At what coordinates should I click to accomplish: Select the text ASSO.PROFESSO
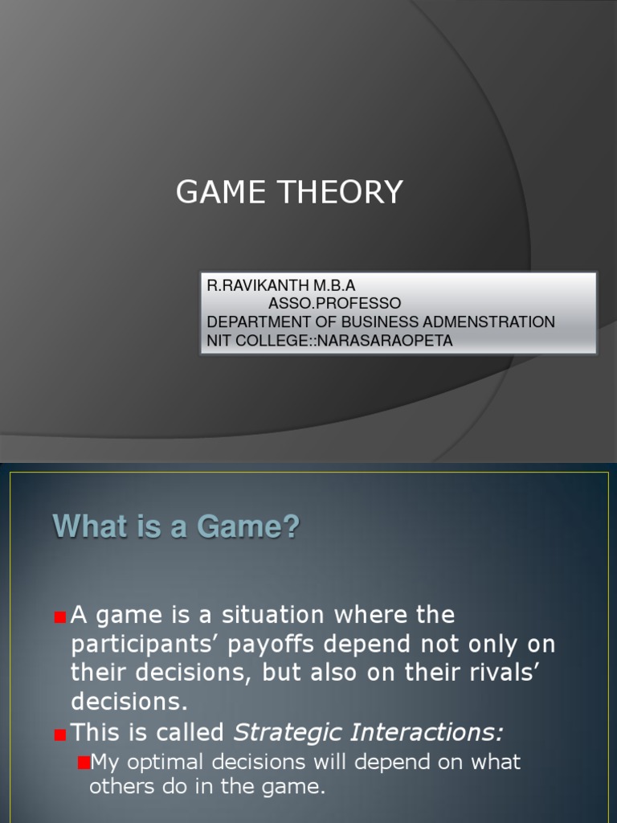point(334,304)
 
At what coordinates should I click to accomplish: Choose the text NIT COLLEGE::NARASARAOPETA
point(329,341)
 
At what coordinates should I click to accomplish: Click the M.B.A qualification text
point(333,285)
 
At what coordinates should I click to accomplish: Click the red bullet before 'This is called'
point(60,734)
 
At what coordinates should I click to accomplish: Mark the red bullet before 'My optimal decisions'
point(82,762)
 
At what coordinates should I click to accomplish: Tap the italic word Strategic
point(283,732)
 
